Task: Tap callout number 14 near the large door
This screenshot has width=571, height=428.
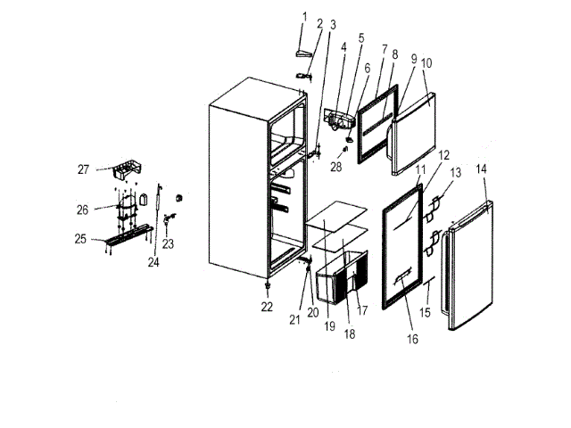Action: pos(482,168)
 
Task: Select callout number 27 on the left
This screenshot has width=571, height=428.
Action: pos(83,169)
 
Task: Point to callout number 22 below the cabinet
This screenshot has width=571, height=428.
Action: pos(267,308)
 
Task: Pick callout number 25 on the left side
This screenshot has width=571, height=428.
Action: pos(80,240)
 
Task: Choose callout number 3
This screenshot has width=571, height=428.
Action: pos(333,23)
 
